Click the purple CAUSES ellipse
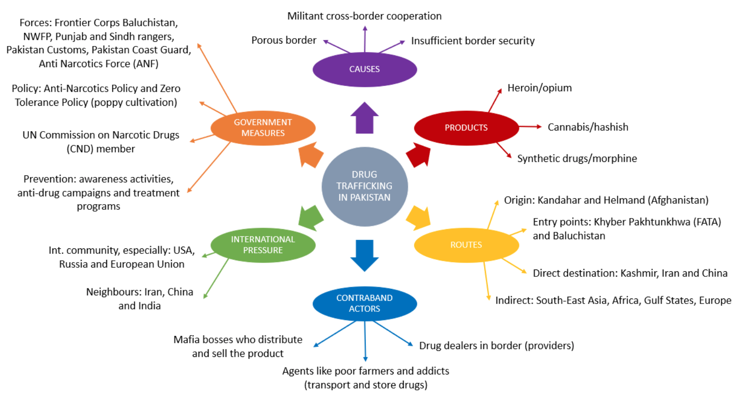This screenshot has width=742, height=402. coord(365,69)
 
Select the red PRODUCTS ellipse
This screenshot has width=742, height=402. coord(466,128)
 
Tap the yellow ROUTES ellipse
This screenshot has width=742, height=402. coord(466,245)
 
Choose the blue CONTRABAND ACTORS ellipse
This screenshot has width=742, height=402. coord(365,304)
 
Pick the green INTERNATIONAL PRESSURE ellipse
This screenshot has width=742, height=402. coord(263,245)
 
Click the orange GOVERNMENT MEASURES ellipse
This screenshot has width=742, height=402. coord(263,128)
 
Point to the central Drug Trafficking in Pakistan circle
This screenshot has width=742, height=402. coord(365,186)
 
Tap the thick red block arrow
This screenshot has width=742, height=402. coord(419,155)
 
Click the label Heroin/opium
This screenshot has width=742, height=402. coord(540,88)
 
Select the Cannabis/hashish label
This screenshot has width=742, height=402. coord(588,127)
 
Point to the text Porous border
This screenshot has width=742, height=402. coord(284,40)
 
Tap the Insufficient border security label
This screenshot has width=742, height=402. coord(473,41)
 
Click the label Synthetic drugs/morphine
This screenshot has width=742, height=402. coord(577,159)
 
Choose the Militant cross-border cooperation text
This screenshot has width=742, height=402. coord(365,16)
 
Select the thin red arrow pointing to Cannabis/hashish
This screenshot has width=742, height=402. coord(530,126)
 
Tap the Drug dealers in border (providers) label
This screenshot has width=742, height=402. coord(497,346)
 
